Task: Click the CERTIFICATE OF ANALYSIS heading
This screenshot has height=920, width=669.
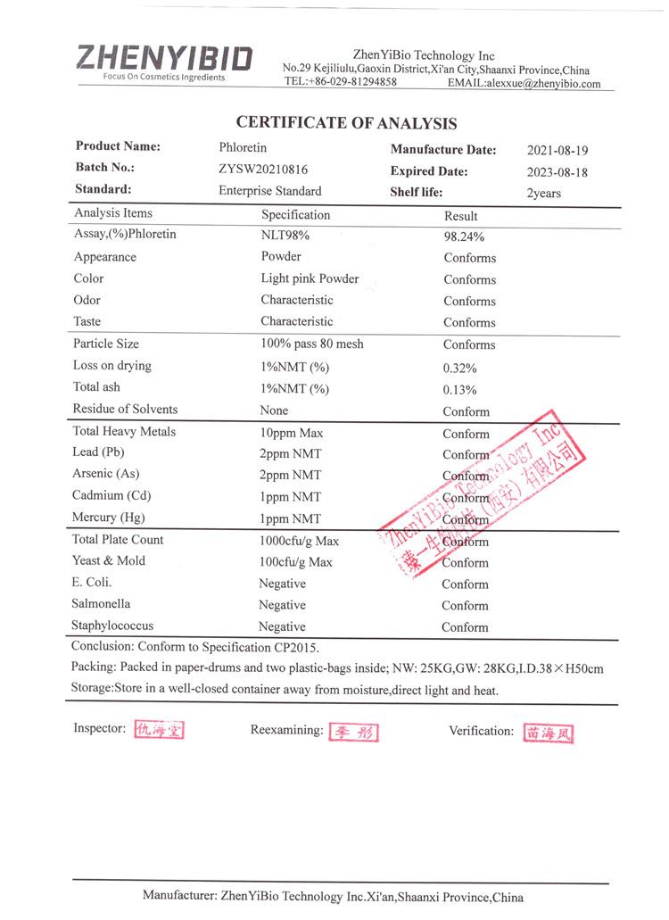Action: point(346,124)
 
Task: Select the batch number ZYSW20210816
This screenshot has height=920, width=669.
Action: point(264,169)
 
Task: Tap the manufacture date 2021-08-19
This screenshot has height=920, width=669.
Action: point(557,151)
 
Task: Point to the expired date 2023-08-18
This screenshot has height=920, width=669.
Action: point(557,172)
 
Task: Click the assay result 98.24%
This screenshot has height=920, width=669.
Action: point(464,237)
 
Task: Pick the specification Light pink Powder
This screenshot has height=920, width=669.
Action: point(310,278)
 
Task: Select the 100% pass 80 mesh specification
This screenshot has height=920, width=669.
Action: point(312,344)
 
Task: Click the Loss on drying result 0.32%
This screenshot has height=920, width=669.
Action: point(459,368)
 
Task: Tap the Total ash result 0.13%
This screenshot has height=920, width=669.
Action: point(459,390)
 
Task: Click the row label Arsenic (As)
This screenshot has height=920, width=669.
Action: point(106,474)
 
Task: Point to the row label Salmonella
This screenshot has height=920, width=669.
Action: point(102,604)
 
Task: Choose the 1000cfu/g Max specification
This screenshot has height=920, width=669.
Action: point(300,541)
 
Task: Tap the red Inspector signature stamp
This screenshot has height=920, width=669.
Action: point(159,730)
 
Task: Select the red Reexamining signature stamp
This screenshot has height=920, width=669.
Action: point(354,733)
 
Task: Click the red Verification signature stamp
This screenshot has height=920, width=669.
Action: point(549,733)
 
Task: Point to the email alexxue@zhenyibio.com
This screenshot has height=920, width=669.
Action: point(542,83)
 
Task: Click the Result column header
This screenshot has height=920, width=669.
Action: point(461,216)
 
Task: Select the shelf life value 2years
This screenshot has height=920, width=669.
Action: point(544,194)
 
